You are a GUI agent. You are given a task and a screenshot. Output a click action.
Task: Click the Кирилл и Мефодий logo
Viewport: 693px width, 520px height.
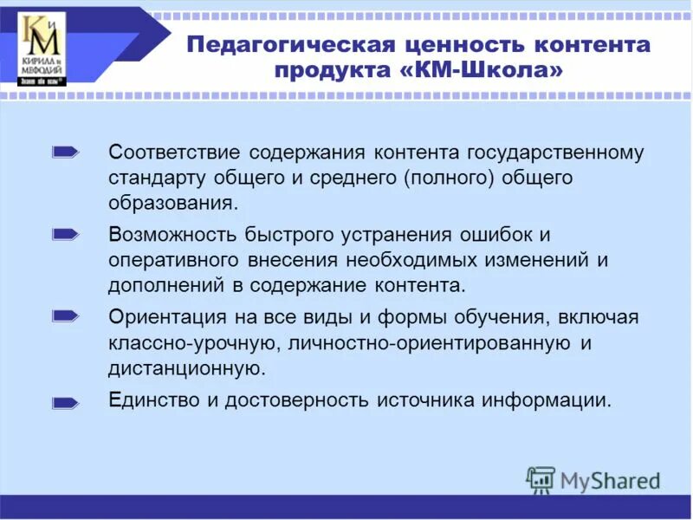coord(42,49)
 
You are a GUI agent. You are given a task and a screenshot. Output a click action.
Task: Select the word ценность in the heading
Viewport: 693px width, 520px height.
coord(470,44)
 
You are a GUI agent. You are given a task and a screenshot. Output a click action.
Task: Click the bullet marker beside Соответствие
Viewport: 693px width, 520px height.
coord(66,153)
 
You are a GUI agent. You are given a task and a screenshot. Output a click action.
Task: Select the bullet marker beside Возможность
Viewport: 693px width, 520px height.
coord(66,234)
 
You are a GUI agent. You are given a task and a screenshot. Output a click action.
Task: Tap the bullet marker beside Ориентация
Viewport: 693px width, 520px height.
coord(66,316)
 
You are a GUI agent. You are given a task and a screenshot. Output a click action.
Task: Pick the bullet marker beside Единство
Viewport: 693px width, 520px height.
coord(66,401)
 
